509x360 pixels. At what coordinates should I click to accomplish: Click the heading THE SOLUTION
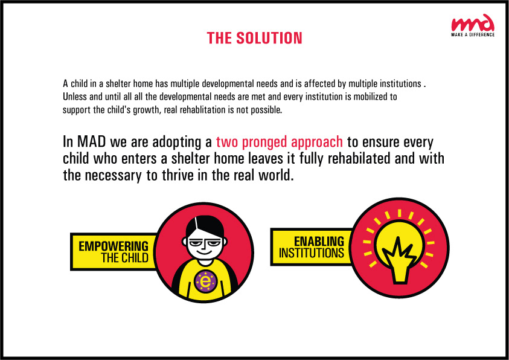(254, 38)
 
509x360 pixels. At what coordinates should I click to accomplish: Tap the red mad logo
(473, 24)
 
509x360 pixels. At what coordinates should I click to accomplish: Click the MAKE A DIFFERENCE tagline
(473, 35)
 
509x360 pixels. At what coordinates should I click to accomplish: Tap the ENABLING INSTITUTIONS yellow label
(312, 246)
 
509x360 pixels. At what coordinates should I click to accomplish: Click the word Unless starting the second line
(74, 96)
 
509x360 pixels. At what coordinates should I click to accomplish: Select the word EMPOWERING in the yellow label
(114, 246)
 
